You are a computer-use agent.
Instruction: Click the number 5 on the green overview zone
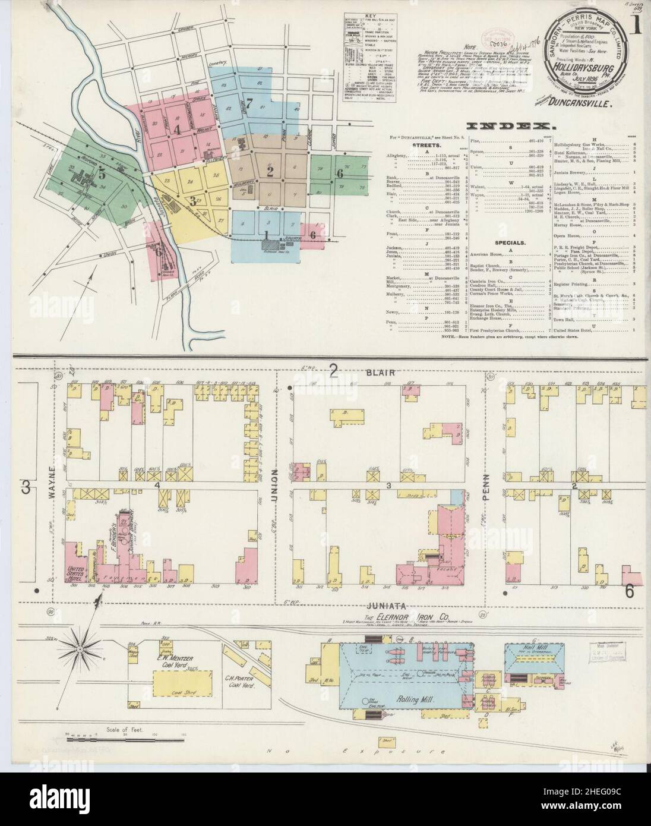[x=102, y=175]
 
